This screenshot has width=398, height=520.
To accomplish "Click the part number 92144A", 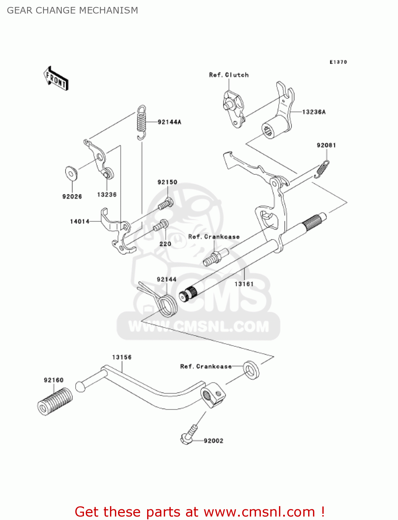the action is click(169, 122).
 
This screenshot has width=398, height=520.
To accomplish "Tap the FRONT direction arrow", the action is click(56, 78).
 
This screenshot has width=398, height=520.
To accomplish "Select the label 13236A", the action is click(314, 112).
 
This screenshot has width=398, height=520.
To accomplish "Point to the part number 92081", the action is click(326, 145).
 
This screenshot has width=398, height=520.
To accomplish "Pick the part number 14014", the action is click(80, 222).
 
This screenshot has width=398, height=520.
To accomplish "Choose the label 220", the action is click(165, 244).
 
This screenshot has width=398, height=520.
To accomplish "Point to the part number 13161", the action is click(244, 284).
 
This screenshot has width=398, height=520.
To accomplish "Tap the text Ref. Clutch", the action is click(229, 75).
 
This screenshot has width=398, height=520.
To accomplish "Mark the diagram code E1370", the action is click(338, 62).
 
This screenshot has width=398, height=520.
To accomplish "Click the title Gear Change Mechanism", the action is click(72, 10).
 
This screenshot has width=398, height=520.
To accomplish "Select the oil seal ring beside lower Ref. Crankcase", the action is click(251, 370).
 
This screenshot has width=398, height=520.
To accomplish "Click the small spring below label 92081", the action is click(322, 169).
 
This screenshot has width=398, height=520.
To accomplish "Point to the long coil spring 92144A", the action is click(142, 122).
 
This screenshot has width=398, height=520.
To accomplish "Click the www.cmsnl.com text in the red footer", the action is click(259, 511).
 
